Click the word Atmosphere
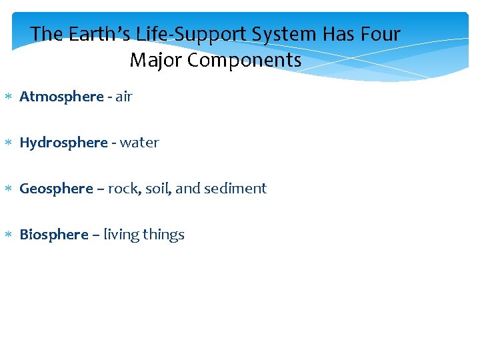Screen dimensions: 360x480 click(61, 97)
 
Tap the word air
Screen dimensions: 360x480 click(124, 97)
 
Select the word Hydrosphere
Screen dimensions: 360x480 click(63, 143)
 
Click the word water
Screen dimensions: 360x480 click(139, 143)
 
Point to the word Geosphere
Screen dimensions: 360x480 click(57, 189)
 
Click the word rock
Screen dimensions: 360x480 click(123, 189)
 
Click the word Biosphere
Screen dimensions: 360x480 click(54, 235)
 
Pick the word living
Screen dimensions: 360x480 click(121, 235)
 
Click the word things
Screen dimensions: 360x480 click(163, 235)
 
